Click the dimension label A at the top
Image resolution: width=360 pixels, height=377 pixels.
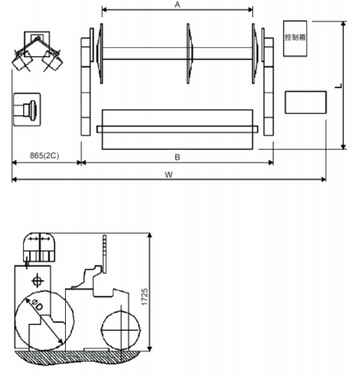click(x=177, y=5)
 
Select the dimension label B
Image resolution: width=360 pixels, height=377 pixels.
click(x=176, y=157)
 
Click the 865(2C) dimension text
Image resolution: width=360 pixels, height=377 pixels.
click(x=44, y=156)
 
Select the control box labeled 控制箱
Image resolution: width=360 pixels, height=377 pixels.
click(x=296, y=39)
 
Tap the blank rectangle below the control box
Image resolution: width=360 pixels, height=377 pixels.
click(x=304, y=103)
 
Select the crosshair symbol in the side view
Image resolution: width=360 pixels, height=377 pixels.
click(x=36, y=280)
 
